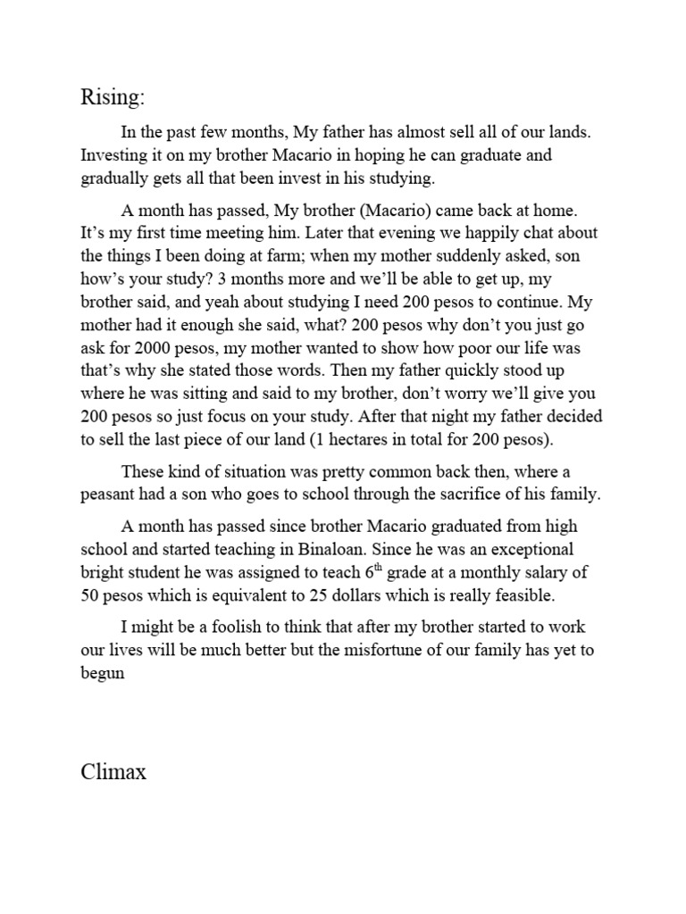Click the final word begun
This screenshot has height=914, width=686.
point(101,673)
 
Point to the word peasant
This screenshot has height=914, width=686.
point(108,494)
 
